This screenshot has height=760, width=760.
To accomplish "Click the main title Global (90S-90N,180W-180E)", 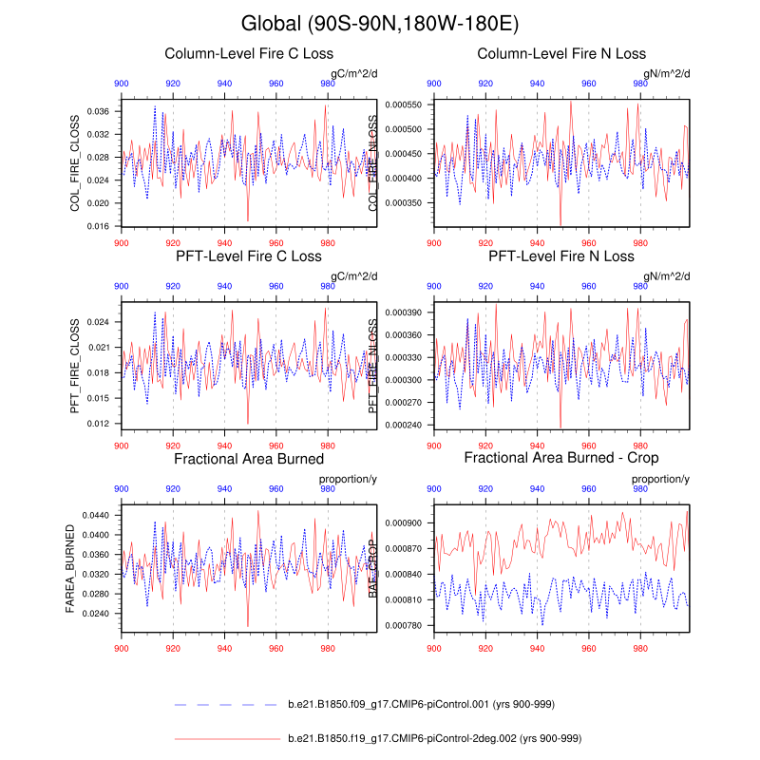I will click(x=380, y=23).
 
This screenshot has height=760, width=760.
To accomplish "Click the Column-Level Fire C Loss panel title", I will click(x=249, y=53).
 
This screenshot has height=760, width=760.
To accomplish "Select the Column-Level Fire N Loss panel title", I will click(x=561, y=53).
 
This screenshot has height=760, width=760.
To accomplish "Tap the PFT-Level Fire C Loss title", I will click(x=249, y=256).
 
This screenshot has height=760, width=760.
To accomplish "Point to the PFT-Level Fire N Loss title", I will click(x=561, y=256).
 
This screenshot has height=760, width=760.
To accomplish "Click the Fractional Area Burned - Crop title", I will click(x=561, y=459).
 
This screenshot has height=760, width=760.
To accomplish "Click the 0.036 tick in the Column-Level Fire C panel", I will click(x=101, y=111).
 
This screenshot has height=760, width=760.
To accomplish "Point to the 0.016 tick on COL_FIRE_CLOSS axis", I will click(x=101, y=226).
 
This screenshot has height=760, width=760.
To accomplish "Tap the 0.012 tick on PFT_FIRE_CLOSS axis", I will click(x=101, y=424).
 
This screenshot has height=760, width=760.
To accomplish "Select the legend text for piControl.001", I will click(x=421, y=705).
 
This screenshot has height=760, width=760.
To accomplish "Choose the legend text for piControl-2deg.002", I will click(x=434, y=738).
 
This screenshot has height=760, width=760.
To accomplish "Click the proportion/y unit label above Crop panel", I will click(x=660, y=479).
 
